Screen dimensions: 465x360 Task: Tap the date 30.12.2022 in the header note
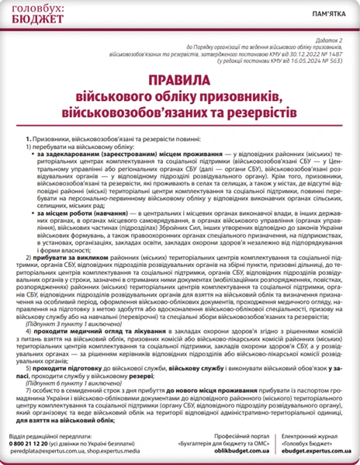(x=292, y=53)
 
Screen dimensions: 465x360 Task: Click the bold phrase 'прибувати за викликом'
(x=63, y=257)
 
